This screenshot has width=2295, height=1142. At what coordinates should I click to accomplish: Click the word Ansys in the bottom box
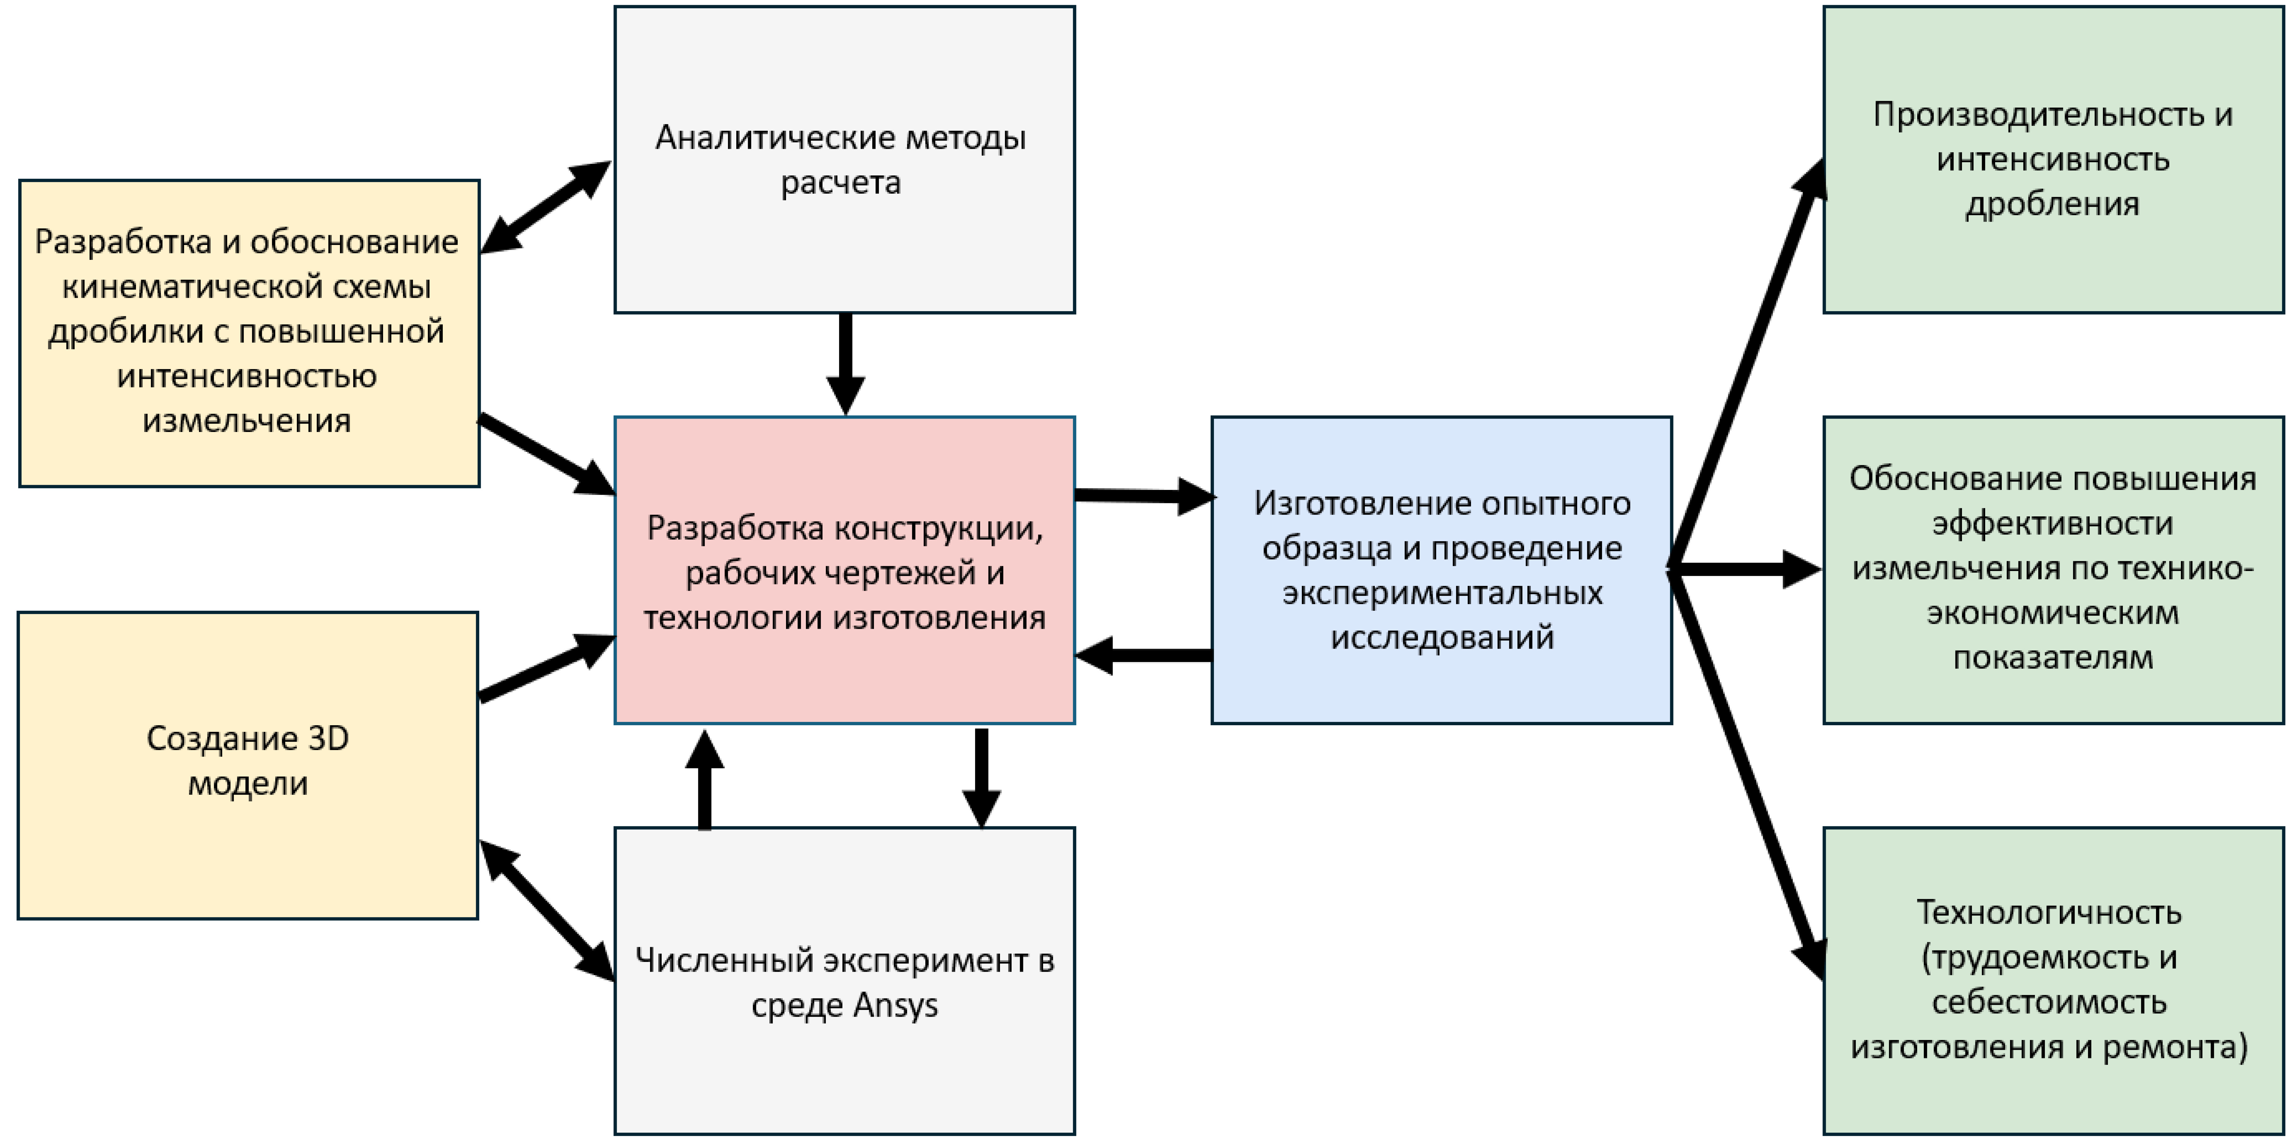(895, 1006)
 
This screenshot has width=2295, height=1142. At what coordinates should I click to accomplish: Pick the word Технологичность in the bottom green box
(2049, 912)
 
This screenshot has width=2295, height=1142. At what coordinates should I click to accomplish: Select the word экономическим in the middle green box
(2053, 613)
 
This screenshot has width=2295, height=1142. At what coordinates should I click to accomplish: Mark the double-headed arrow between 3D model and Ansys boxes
(546, 910)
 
